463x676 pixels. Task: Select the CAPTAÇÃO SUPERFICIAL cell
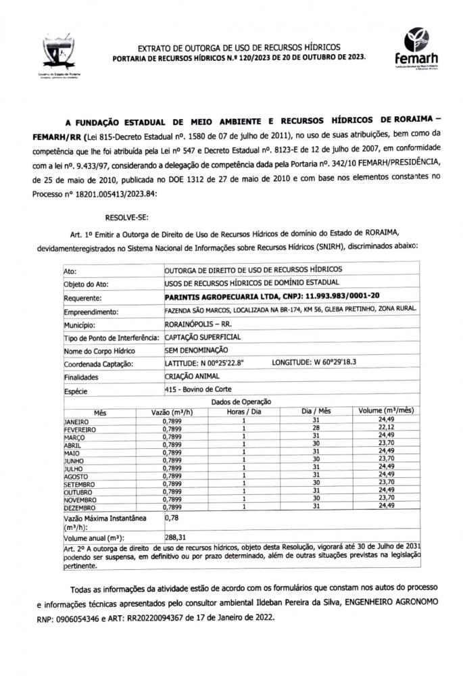tap(202, 337)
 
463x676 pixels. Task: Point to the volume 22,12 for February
tap(386, 428)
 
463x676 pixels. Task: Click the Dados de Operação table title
tap(241, 402)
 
